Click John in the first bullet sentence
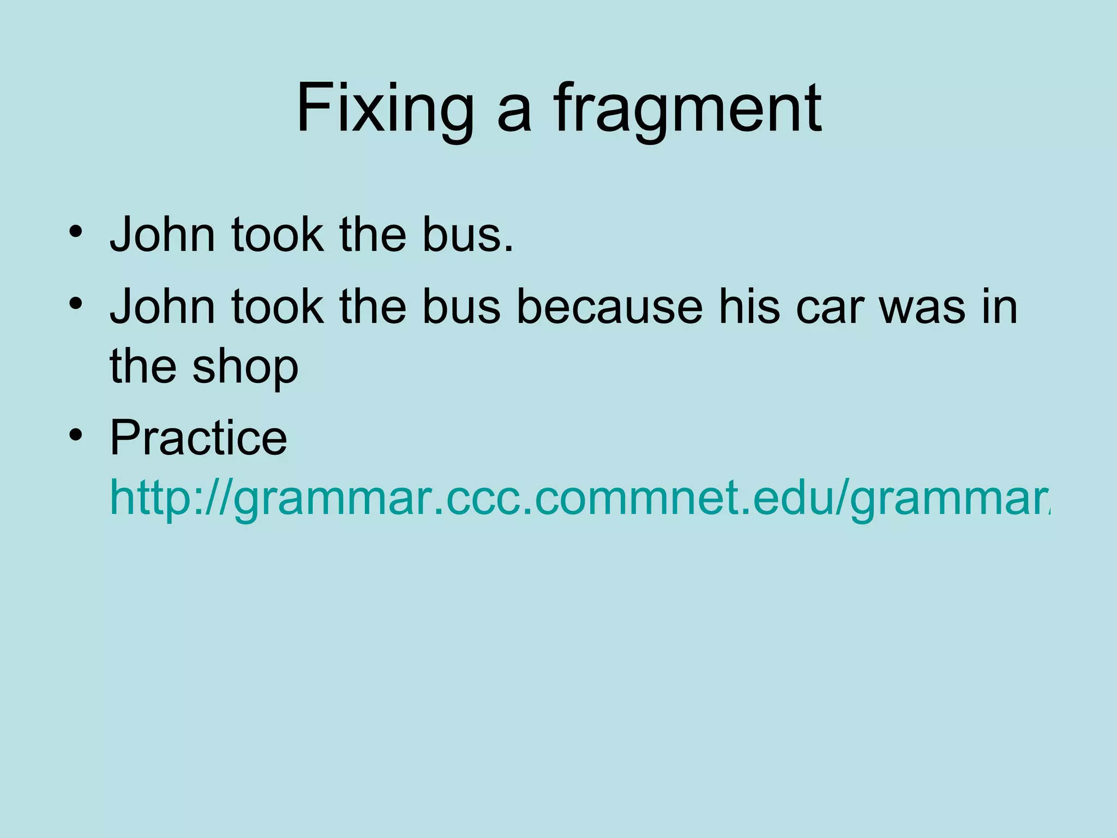tap(163, 235)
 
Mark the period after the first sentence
tap(509, 249)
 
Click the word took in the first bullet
tap(277, 235)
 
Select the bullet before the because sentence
tap(76, 303)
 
